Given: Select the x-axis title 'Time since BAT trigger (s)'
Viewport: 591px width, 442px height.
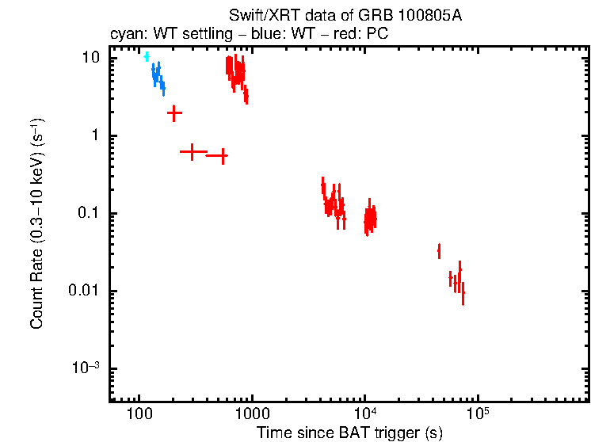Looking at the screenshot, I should pyautogui.click(x=349, y=432).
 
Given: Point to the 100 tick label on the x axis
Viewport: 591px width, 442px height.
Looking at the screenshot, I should pyautogui.click(x=139, y=413).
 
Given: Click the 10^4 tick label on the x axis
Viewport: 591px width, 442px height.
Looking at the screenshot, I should pyautogui.click(x=364, y=413).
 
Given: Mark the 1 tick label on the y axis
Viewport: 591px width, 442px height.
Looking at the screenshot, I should pyautogui.click(x=96, y=135).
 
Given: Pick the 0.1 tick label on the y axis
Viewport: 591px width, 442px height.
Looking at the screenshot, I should pyautogui.click(x=89, y=213).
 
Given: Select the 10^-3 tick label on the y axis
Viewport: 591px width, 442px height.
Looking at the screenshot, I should pyautogui.click(x=86, y=368).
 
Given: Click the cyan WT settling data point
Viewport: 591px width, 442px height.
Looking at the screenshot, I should pyautogui.click(x=147, y=56).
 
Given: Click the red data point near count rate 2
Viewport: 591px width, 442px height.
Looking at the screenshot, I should pyautogui.click(x=174, y=113).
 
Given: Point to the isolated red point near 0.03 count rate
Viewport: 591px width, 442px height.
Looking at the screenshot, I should pyautogui.click(x=439, y=251).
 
